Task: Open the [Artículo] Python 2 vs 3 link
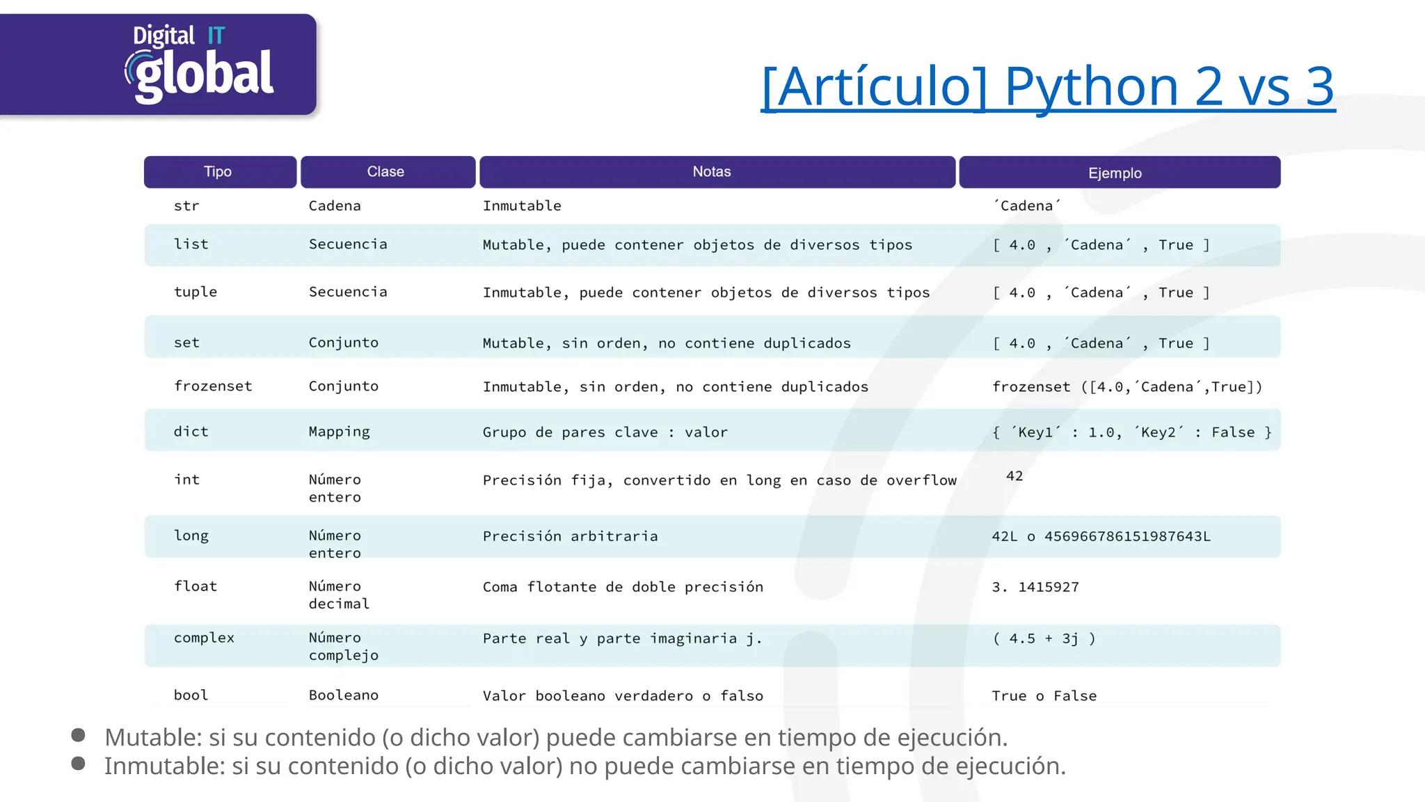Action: (x=1048, y=86)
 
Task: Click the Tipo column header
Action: (x=218, y=172)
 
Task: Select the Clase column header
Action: (x=386, y=172)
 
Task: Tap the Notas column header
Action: (x=712, y=172)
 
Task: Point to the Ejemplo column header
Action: (x=1115, y=173)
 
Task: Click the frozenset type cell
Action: (x=213, y=386)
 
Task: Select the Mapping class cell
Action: (x=340, y=432)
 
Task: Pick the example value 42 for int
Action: (x=1014, y=476)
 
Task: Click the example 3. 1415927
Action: (x=1035, y=587)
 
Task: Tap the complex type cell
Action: (x=204, y=638)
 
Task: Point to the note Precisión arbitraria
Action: (x=570, y=536)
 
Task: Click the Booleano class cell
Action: (x=344, y=695)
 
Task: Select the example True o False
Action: (x=1044, y=696)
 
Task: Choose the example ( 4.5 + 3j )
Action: (x=1044, y=638)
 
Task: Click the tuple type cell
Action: (x=196, y=292)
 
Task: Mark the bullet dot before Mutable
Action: (x=78, y=735)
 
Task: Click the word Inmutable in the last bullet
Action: (x=164, y=766)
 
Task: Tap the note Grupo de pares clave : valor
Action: (x=605, y=432)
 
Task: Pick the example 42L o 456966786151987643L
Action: (x=1101, y=536)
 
